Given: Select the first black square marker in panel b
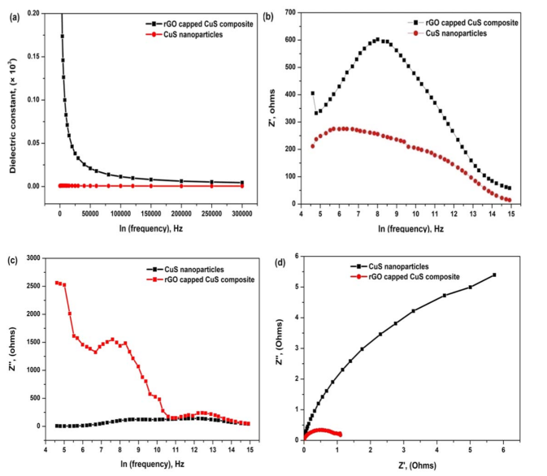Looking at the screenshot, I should tap(313, 93).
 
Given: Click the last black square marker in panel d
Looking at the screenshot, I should tap(493, 275).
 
